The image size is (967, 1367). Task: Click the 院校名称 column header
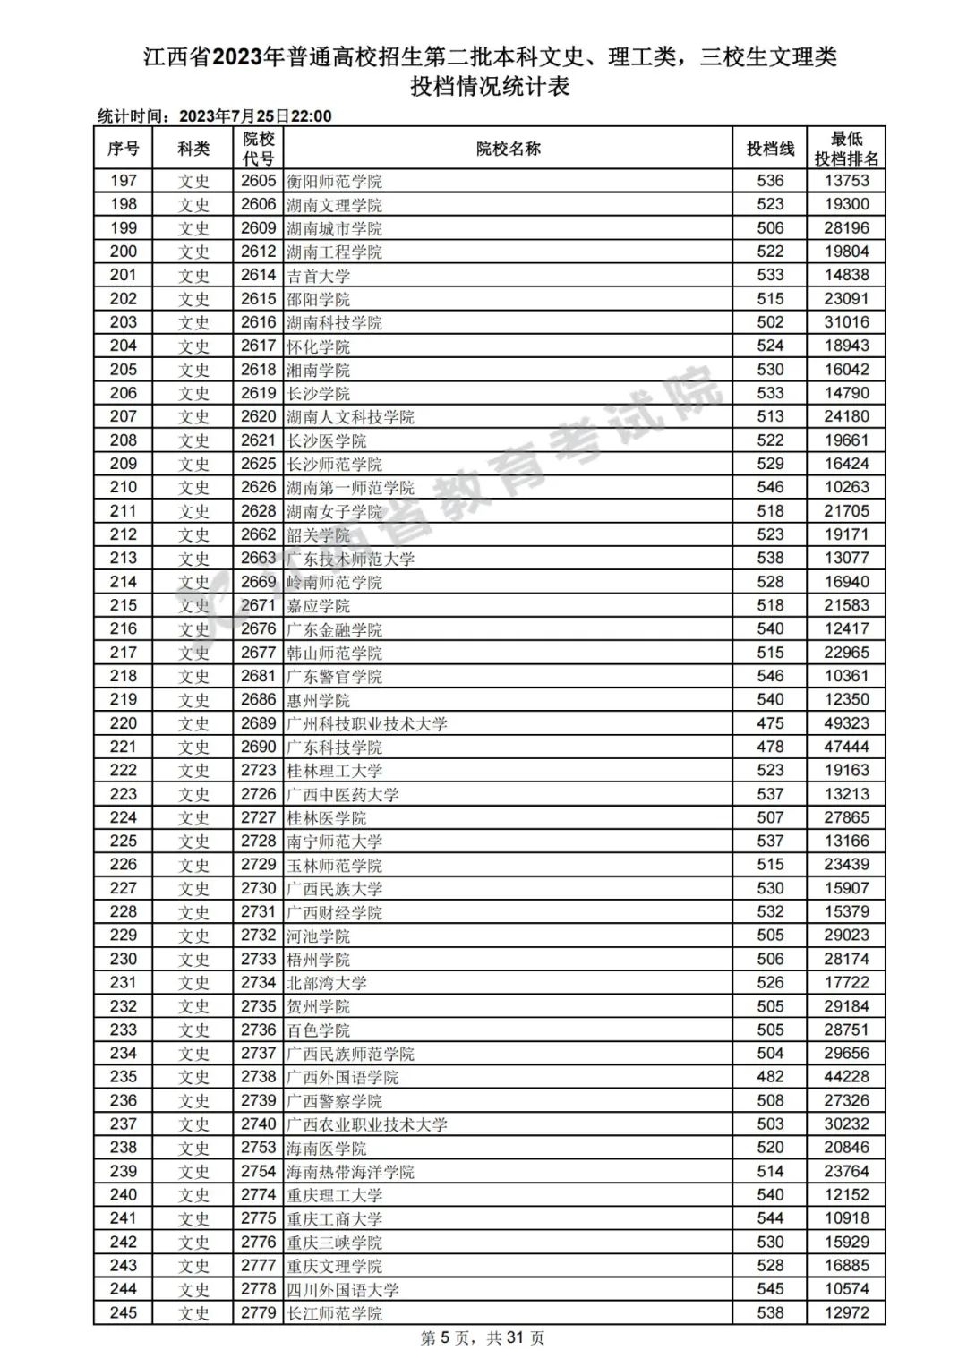508,149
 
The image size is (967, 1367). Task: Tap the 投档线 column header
770,149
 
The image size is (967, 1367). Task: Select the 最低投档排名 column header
846,149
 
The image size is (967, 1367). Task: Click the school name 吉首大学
318,276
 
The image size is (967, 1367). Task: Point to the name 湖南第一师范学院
350,488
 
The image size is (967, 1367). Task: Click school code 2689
258,723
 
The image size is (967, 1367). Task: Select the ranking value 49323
846,723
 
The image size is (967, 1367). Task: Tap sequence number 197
124,181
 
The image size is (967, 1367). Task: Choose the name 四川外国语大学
342,1290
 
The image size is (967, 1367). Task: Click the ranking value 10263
846,488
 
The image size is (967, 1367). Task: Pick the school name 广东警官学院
334,677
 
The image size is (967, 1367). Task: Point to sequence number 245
124,1313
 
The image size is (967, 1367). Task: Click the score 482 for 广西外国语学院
770,1077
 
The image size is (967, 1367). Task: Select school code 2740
258,1124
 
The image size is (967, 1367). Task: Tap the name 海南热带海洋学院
350,1172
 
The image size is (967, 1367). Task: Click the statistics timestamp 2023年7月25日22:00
256,116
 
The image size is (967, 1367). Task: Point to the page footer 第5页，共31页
483,1338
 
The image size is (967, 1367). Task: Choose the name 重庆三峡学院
334,1243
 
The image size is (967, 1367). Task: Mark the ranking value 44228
846,1077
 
